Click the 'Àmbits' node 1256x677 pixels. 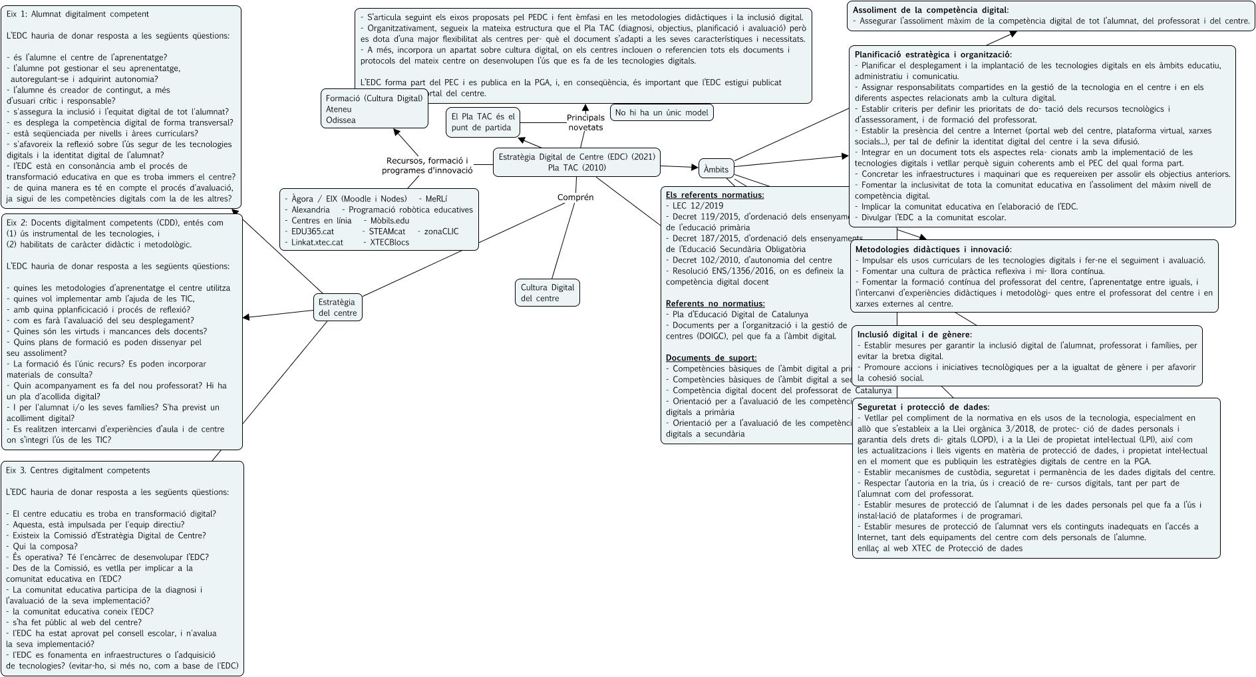(x=716, y=169)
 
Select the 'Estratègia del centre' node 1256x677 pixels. (x=337, y=307)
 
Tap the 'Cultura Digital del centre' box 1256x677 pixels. (x=547, y=293)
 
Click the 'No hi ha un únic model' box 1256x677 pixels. (x=661, y=112)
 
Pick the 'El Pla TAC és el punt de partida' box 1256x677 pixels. (x=482, y=122)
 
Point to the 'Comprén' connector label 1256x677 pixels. (x=575, y=197)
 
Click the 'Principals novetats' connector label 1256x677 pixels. (x=585, y=122)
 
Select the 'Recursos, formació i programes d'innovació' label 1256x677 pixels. (x=427, y=165)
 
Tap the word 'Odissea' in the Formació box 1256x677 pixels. (x=341, y=120)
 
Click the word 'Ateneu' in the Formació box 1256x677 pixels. (x=339, y=109)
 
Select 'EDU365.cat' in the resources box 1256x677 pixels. (x=312, y=231)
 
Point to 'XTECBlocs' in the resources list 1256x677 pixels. (x=389, y=242)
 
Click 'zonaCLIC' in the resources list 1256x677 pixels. (x=441, y=231)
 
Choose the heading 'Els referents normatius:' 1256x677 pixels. (x=714, y=195)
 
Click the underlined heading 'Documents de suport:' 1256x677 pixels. (x=710, y=358)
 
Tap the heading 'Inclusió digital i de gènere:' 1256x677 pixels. (x=914, y=335)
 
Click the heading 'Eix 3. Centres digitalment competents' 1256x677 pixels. (x=78, y=470)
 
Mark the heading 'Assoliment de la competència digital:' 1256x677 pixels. (x=930, y=10)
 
